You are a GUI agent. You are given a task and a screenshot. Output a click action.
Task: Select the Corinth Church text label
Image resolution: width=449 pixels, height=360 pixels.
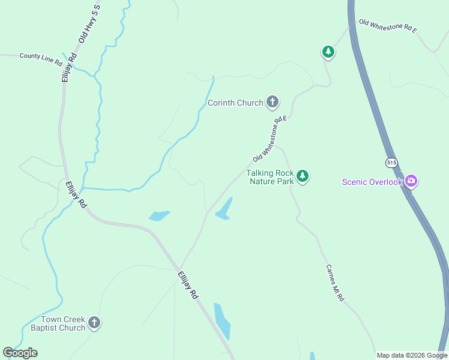(x=235, y=103)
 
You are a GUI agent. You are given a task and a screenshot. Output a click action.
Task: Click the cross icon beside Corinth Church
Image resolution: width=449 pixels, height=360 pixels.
(x=273, y=102)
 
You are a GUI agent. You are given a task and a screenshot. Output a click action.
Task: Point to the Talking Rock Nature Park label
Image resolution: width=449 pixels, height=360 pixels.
(x=270, y=177)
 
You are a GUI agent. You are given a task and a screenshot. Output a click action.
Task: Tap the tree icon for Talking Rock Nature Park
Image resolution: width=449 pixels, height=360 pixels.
(x=303, y=176)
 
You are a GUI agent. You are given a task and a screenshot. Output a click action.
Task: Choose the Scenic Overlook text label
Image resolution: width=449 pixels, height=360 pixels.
(x=372, y=182)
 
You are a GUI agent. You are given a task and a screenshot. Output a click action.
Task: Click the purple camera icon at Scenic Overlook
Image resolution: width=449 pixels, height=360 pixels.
(x=411, y=181)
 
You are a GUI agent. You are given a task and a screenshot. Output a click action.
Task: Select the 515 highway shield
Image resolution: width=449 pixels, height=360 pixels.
(x=391, y=163)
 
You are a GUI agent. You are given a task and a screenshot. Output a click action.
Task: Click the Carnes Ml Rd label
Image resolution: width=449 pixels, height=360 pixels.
(x=334, y=283)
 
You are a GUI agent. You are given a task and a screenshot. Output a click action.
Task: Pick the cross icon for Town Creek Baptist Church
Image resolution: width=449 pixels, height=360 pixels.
(x=94, y=323)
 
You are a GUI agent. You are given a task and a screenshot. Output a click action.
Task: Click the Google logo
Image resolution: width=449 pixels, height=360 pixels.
(x=20, y=353)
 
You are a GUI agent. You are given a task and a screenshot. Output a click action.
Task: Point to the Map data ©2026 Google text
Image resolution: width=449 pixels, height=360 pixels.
(x=412, y=355)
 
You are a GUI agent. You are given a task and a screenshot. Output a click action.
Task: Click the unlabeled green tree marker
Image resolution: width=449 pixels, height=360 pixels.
(x=328, y=52)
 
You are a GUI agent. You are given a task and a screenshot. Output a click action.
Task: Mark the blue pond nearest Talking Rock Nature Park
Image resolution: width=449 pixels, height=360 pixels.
(x=224, y=209)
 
